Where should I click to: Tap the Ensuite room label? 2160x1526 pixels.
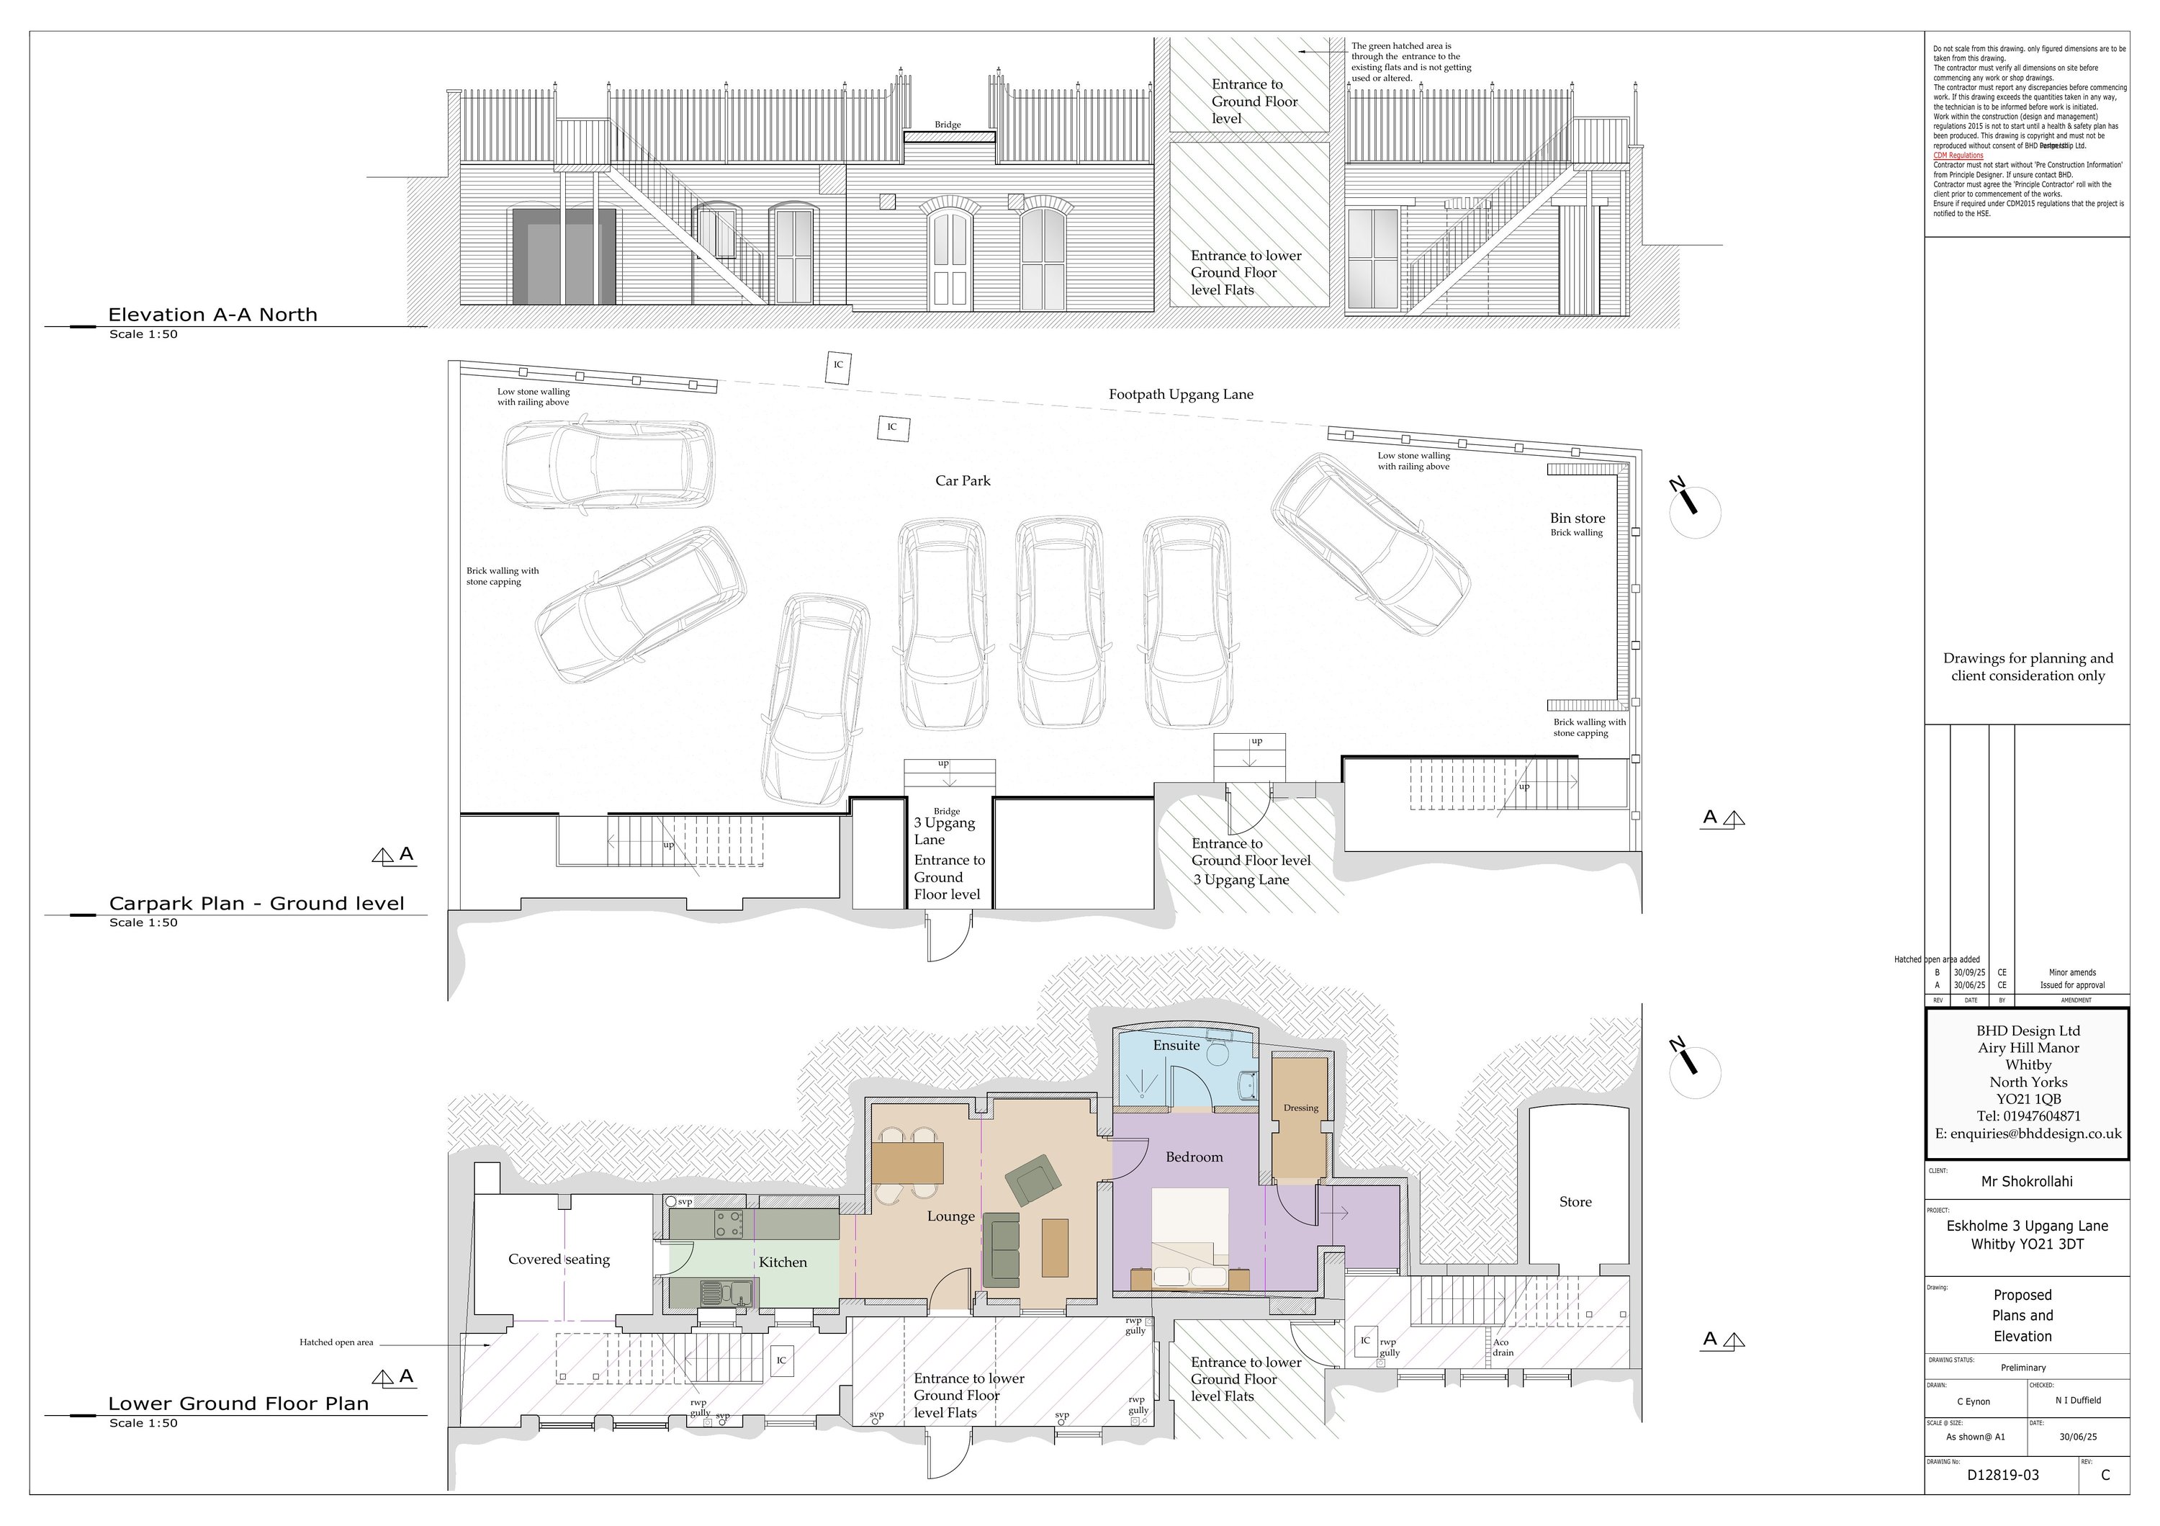(x=1176, y=1045)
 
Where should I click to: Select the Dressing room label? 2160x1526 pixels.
(x=1300, y=1108)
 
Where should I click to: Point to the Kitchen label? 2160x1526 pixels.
(x=783, y=1262)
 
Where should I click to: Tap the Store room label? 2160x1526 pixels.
(x=1575, y=1203)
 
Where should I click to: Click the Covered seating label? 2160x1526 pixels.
(x=559, y=1260)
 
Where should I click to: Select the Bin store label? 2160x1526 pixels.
(x=1578, y=519)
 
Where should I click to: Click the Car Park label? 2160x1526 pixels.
(x=963, y=481)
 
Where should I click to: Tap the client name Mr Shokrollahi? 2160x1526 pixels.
(x=2026, y=1182)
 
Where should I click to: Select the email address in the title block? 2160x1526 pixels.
(x=2028, y=1134)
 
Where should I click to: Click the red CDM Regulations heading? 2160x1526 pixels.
(x=1958, y=156)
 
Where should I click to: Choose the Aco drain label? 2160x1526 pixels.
(x=1503, y=1348)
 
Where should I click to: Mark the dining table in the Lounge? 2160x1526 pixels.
(x=907, y=1163)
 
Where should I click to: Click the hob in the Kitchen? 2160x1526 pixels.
(x=728, y=1224)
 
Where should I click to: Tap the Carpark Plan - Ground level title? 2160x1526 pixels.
(x=256, y=904)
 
